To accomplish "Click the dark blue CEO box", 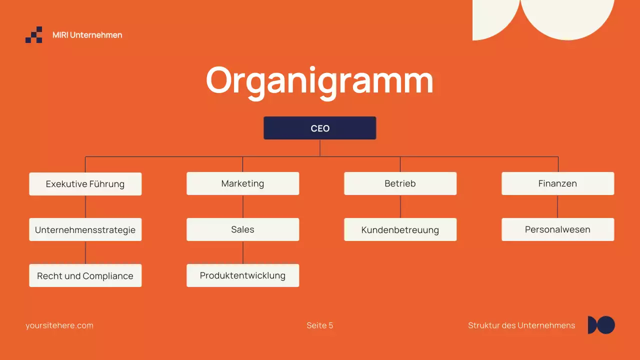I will pos(320,128).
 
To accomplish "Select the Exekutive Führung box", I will pos(85,184).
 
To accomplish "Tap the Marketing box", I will pos(242,183).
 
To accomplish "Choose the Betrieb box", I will pos(400,183).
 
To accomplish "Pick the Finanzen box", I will pos(557,183).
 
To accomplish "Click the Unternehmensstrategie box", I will pos(85,230).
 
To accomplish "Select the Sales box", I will pos(242,229).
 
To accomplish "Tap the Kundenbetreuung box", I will pos(400,230).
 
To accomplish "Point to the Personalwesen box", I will pos(557,229).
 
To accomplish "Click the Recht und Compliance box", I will pos(85,275).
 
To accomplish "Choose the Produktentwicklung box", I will pos(242,275).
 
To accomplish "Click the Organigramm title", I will pos(319,80).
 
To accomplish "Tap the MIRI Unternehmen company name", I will pos(87,35).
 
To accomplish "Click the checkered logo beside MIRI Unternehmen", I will pos(34,35).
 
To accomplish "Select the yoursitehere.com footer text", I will pos(59,325).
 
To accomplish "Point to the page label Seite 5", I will pos(320,325).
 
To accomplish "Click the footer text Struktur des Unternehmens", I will pos(521,325).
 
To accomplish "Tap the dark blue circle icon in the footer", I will pos(606,325).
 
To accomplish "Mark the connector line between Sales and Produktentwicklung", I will pos(243,252).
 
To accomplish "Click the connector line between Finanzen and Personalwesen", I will pos(557,206).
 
